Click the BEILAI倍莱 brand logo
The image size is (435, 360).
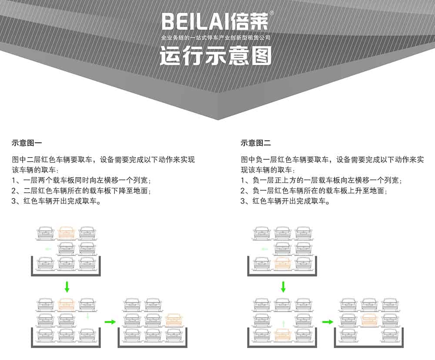(x=215, y=21)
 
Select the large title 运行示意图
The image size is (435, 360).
(x=216, y=56)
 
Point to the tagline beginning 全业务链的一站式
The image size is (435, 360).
(x=216, y=38)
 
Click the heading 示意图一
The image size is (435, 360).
(x=27, y=143)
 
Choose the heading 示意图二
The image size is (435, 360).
(x=255, y=143)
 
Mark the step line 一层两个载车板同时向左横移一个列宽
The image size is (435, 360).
(x=85, y=180)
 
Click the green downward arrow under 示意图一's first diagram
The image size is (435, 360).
(x=67, y=287)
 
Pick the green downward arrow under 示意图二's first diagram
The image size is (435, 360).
(x=283, y=287)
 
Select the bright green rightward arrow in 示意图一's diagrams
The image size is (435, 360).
(x=110, y=322)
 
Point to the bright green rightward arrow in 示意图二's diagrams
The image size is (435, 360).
(x=328, y=322)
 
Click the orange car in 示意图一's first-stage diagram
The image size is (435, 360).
(x=66, y=233)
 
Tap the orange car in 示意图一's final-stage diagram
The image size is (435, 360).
(x=174, y=320)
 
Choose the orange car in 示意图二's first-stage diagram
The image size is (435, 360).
(x=282, y=263)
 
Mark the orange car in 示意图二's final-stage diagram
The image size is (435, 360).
(x=369, y=320)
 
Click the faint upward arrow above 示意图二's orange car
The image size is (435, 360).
(x=283, y=324)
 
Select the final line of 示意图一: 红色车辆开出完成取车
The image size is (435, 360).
(x=62, y=201)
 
